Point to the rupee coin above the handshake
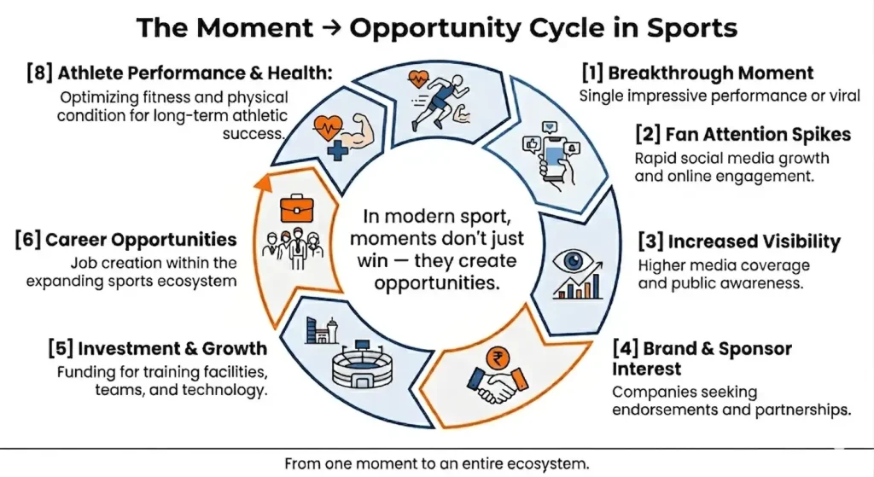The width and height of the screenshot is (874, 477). (493, 357)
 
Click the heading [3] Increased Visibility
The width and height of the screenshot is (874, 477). (739, 241)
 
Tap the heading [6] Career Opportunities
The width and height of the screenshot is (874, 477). (125, 239)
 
